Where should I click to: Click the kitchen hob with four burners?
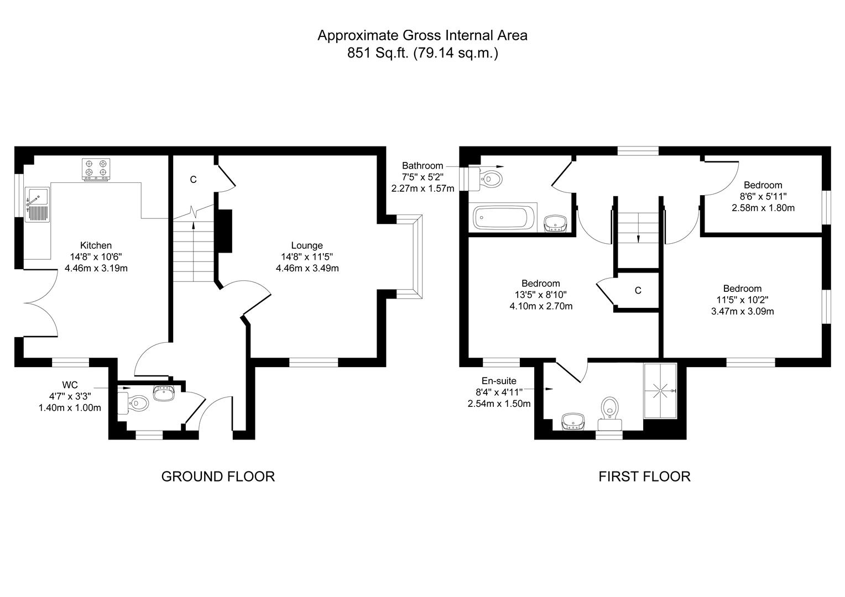point(96,169)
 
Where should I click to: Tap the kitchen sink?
point(38,205)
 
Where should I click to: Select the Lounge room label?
point(307,245)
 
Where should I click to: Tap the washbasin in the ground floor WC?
point(164,394)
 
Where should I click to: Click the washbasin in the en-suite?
point(573,422)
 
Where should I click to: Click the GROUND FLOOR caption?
point(218,476)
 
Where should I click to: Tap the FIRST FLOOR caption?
point(644,476)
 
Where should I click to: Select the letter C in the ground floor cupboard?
point(193,180)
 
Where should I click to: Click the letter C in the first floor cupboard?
point(638,291)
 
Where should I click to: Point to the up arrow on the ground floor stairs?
point(193,223)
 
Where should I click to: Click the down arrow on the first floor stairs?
point(638,238)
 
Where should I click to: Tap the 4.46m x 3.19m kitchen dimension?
point(96,268)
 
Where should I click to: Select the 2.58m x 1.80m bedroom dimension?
point(763,208)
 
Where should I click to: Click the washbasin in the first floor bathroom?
point(555,223)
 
